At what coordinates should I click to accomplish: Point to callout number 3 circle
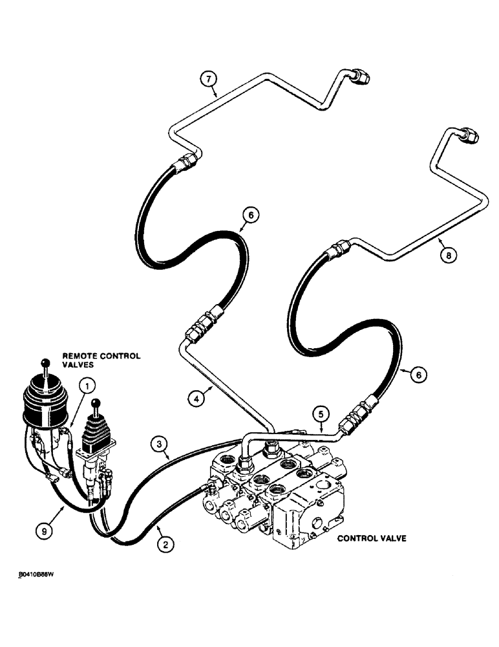click(x=157, y=444)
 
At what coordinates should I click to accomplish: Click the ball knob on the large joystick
click(x=45, y=363)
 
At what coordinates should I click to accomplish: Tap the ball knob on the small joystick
click(x=96, y=403)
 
